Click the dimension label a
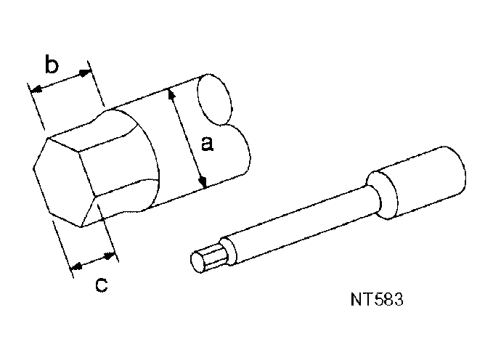point(207,144)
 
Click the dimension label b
point(51,65)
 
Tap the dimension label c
point(102,285)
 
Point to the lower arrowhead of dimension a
point(204,183)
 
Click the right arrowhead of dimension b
point(88,72)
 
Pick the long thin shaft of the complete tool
point(298,221)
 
